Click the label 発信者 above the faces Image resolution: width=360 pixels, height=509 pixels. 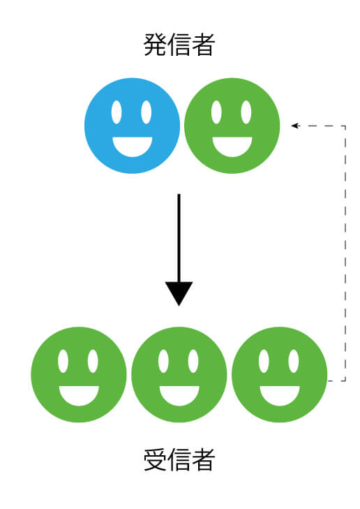[x=179, y=45]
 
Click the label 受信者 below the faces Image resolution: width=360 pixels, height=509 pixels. [x=179, y=459]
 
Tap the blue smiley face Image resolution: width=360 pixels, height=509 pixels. [x=132, y=126]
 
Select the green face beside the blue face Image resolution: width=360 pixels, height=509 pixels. [x=232, y=126]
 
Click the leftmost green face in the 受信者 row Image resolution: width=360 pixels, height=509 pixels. [x=78, y=375]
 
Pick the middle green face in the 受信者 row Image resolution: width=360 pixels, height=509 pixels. [x=179, y=375]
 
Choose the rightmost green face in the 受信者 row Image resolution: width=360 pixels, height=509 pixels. [x=280, y=375]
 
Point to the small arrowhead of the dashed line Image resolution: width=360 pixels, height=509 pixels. [x=295, y=126]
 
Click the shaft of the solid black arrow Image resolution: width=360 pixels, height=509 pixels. [x=179, y=238]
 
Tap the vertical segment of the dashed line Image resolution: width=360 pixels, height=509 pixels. [x=345, y=253]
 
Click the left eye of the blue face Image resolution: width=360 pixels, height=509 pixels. [x=117, y=112]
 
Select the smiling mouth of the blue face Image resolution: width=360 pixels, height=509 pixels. [x=133, y=147]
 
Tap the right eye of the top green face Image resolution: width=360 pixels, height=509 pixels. [x=246, y=112]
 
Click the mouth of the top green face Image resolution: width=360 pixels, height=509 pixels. [x=232, y=147]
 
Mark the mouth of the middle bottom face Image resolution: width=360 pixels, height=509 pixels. [x=179, y=396]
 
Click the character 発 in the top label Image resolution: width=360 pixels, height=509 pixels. [x=155, y=45]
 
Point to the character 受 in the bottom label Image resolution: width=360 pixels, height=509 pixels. [x=155, y=459]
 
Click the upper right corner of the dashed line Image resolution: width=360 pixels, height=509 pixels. [x=345, y=126]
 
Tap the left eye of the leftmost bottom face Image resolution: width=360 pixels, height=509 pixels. [x=63, y=361]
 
